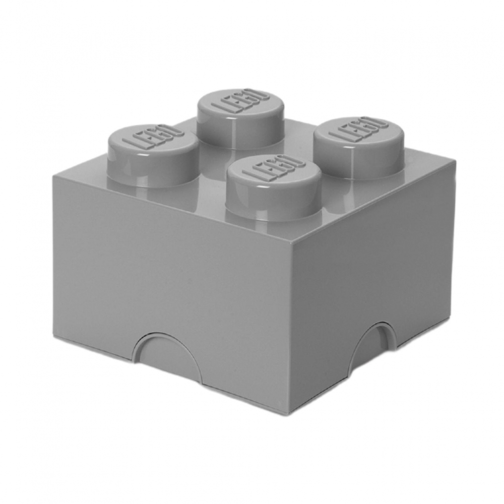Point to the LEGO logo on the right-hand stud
pos(358,130)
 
